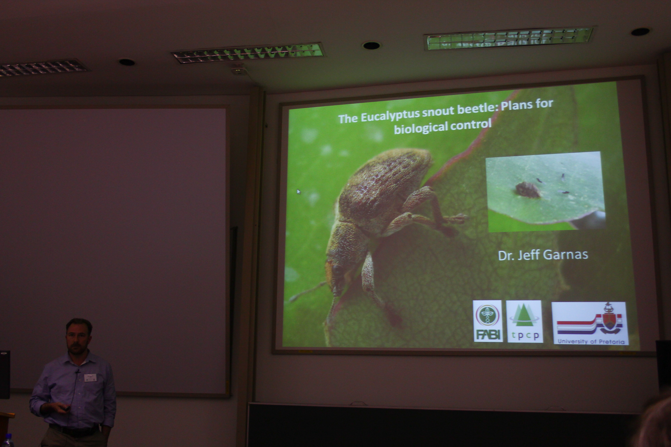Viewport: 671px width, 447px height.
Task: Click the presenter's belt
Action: (74, 429)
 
